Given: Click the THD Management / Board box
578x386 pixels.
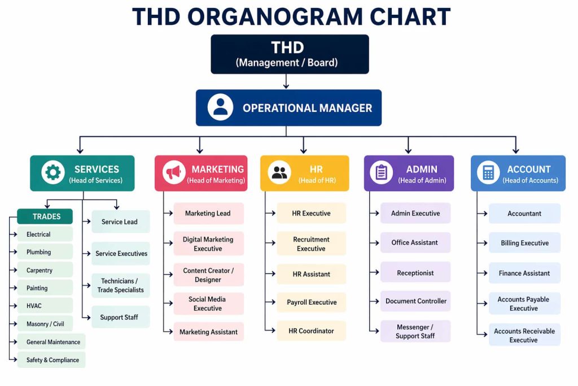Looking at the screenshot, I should (x=290, y=54).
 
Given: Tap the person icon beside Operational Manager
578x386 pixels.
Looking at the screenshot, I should (x=220, y=107).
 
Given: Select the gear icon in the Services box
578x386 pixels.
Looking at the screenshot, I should (x=53, y=172).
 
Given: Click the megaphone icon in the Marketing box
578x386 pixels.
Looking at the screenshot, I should (x=174, y=172).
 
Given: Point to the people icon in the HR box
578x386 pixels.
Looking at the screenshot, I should (x=279, y=172).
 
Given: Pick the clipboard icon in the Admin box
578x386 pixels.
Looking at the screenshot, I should (x=382, y=172).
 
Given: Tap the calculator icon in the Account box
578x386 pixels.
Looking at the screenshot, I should (x=488, y=172).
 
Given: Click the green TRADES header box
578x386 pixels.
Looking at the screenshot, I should (x=45, y=216).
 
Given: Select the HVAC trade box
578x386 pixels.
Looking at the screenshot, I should (x=45, y=306).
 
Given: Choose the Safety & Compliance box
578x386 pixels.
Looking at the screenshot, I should (x=51, y=360).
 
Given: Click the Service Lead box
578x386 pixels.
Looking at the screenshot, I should (x=120, y=222).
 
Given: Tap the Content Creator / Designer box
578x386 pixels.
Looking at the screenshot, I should (x=208, y=275).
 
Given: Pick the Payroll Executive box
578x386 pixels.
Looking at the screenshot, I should (x=312, y=302).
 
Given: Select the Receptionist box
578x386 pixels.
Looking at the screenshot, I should (x=415, y=272).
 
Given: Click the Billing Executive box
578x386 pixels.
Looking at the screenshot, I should (x=524, y=243).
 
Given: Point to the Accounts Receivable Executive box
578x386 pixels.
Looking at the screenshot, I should (x=524, y=335).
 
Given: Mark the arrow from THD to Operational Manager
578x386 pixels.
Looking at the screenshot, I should (x=286, y=81).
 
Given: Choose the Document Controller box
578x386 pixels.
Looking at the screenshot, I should (x=415, y=301).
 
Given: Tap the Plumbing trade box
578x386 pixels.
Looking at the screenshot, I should (x=45, y=252).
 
